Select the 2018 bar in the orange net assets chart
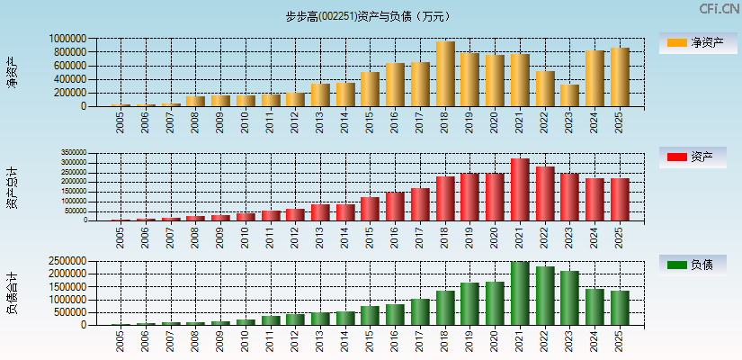[445, 74]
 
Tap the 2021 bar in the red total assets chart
[520, 190]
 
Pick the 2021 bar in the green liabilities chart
[520, 293]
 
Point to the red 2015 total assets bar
[370, 209]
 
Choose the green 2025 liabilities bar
[620, 308]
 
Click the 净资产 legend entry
[693, 42]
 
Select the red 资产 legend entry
[693, 157]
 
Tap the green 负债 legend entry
[693, 265]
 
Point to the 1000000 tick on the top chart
[68, 39]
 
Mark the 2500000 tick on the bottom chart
[68, 261]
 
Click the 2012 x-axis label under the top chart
[295, 121]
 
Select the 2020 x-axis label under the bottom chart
[495, 340]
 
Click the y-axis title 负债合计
[13, 294]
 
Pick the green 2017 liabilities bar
[420, 311]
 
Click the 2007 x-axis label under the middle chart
[171, 237]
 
